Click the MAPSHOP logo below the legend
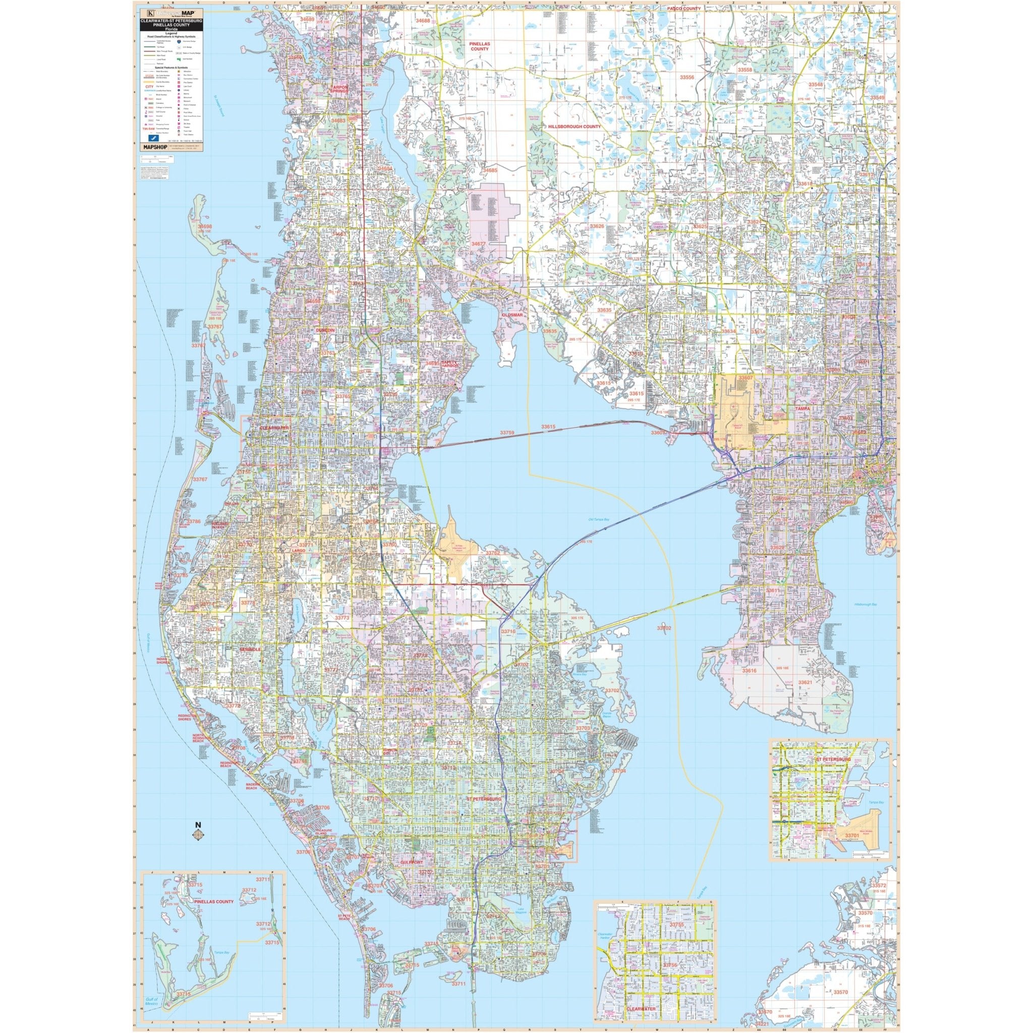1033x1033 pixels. click(x=153, y=146)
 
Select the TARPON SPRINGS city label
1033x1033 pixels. click(x=339, y=89)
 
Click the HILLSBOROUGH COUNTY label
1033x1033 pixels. click(x=573, y=127)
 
